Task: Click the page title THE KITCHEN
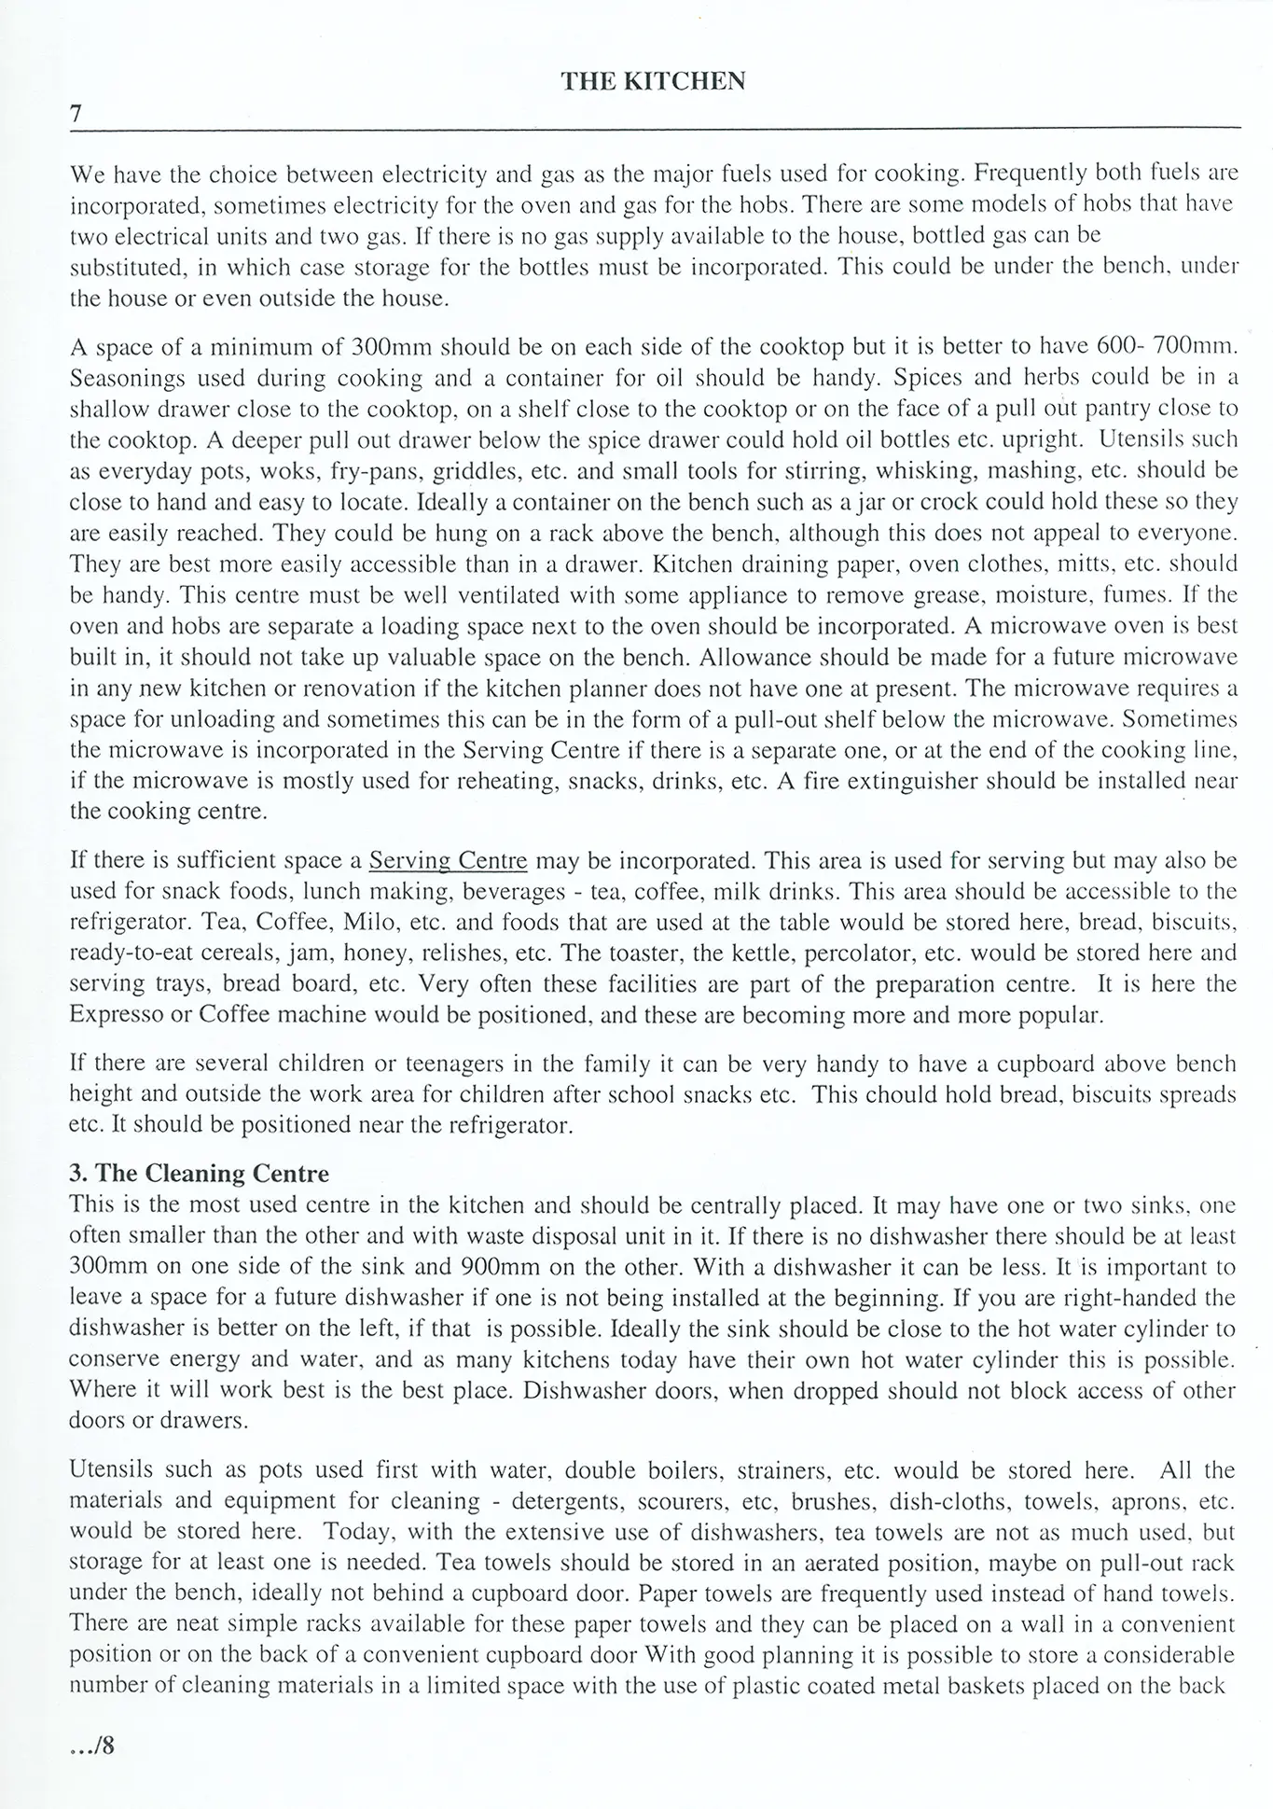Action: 652,82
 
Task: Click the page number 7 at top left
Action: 76,114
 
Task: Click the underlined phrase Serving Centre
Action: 449,859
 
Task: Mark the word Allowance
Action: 754,657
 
